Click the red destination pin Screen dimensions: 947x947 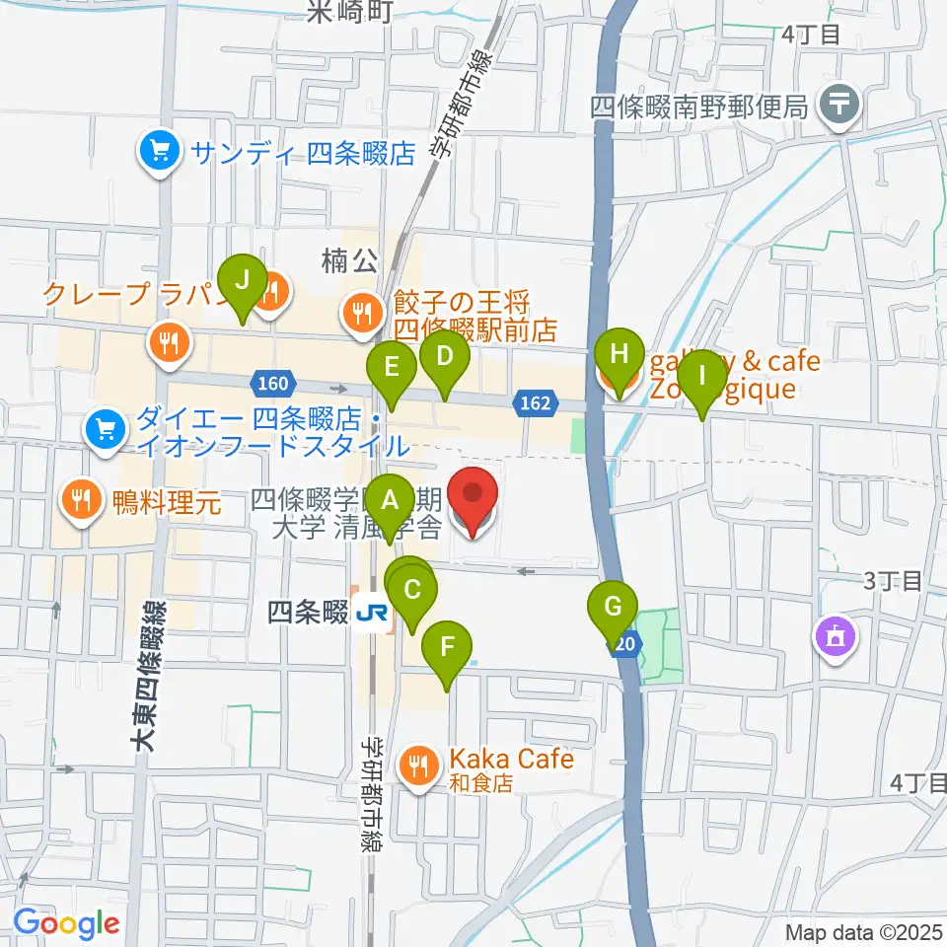[473, 501]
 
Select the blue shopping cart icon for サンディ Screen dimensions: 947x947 [158, 152]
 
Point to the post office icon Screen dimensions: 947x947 [840, 103]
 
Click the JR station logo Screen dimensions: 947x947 [372, 614]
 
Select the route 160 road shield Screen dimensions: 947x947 [274, 382]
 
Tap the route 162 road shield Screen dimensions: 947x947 [533, 402]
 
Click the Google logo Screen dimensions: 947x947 [67, 923]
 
